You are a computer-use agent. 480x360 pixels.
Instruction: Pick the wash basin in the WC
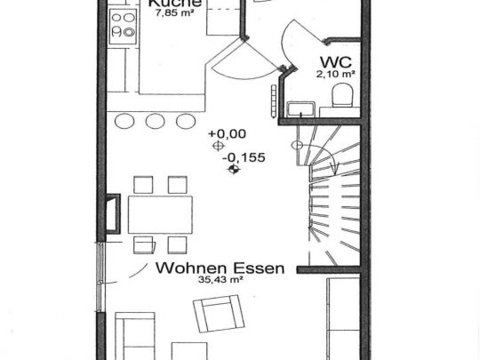pos(301,108)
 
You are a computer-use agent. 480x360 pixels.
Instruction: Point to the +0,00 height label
pos(227,134)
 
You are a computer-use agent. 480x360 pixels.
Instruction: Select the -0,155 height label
pos(234,153)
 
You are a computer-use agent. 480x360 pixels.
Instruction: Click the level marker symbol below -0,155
pos(234,166)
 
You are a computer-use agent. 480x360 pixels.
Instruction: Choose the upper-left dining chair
pos(142,185)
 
